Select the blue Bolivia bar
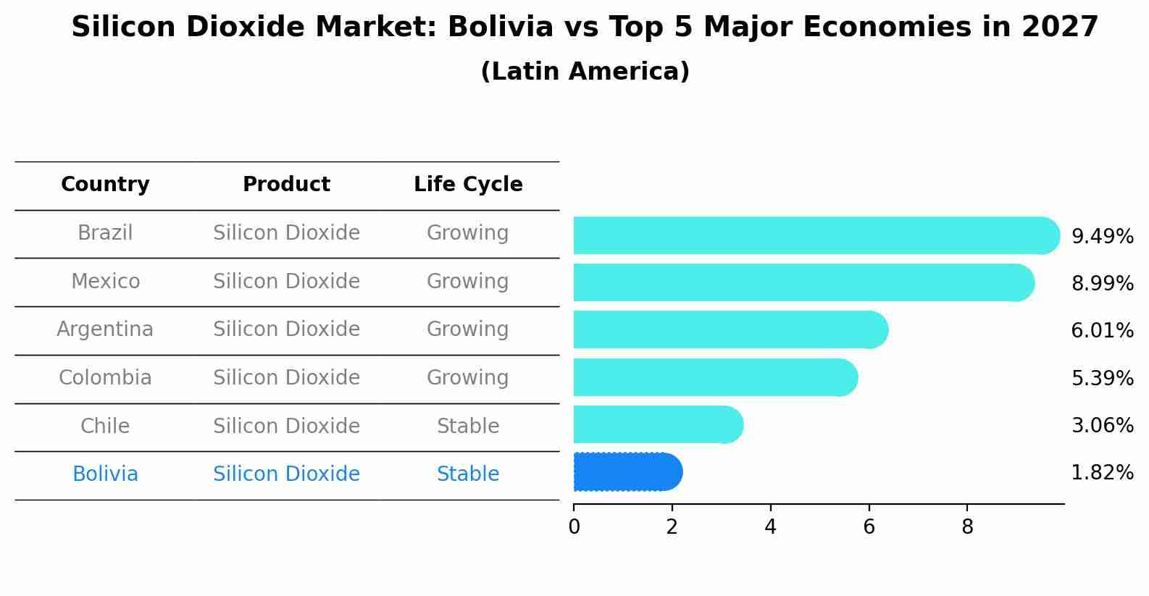tap(627, 472)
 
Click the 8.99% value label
tap(1102, 283)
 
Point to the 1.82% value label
tap(1102, 473)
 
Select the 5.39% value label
tap(1102, 378)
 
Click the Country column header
tap(105, 185)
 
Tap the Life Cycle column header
tap(468, 185)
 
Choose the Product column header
tap(286, 185)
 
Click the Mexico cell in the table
tap(105, 281)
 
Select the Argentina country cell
tap(105, 330)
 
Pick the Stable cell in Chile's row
tap(468, 426)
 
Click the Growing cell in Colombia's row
tap(468, 377)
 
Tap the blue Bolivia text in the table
tap(105, 474)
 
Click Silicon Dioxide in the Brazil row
tap(286, 233)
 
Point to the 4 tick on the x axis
tap(770, 527)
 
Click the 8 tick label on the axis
tap(967, 527)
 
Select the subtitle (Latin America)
tap(585, 72)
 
